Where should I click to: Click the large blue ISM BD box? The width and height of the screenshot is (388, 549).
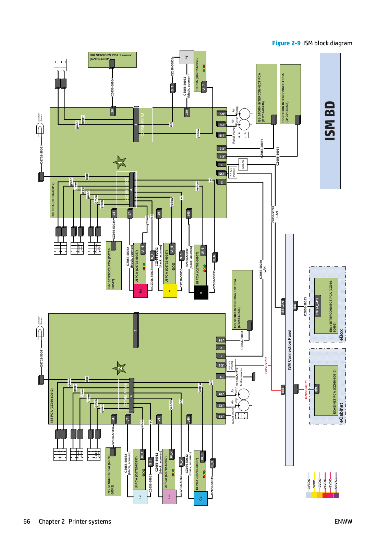(x=330, y=121)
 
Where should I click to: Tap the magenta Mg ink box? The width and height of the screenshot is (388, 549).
(x=141, y=291)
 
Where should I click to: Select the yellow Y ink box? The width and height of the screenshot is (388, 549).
(x=170, y=291)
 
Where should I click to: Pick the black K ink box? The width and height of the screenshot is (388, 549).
(x=201, y=292)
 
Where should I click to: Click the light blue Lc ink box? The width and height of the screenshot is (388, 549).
(x=140, y=497)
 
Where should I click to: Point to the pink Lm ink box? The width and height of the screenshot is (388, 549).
(x=169, y=497)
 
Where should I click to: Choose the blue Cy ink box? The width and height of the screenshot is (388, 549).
(x=201, y=498)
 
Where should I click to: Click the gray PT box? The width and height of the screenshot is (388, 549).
(x=187, y=57)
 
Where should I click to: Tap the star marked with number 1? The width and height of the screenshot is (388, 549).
(x=120, y=163)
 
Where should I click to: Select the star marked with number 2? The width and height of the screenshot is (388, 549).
(x=119, y=369)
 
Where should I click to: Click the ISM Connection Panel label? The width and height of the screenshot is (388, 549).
(x=290, y=350)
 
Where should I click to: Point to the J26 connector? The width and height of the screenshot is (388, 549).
(x=112, y=111)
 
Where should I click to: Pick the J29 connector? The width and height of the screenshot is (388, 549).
(x=187, y=112)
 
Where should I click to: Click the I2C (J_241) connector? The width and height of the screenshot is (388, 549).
(x=317, y=306)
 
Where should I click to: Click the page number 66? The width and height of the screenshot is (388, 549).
(x=27, y=522)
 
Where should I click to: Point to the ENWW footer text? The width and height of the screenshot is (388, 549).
(x=343, y=522)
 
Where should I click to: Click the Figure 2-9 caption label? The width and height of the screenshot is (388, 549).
(x=286, y=43)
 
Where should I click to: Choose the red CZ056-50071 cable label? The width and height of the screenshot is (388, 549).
(x=306, y=389)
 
